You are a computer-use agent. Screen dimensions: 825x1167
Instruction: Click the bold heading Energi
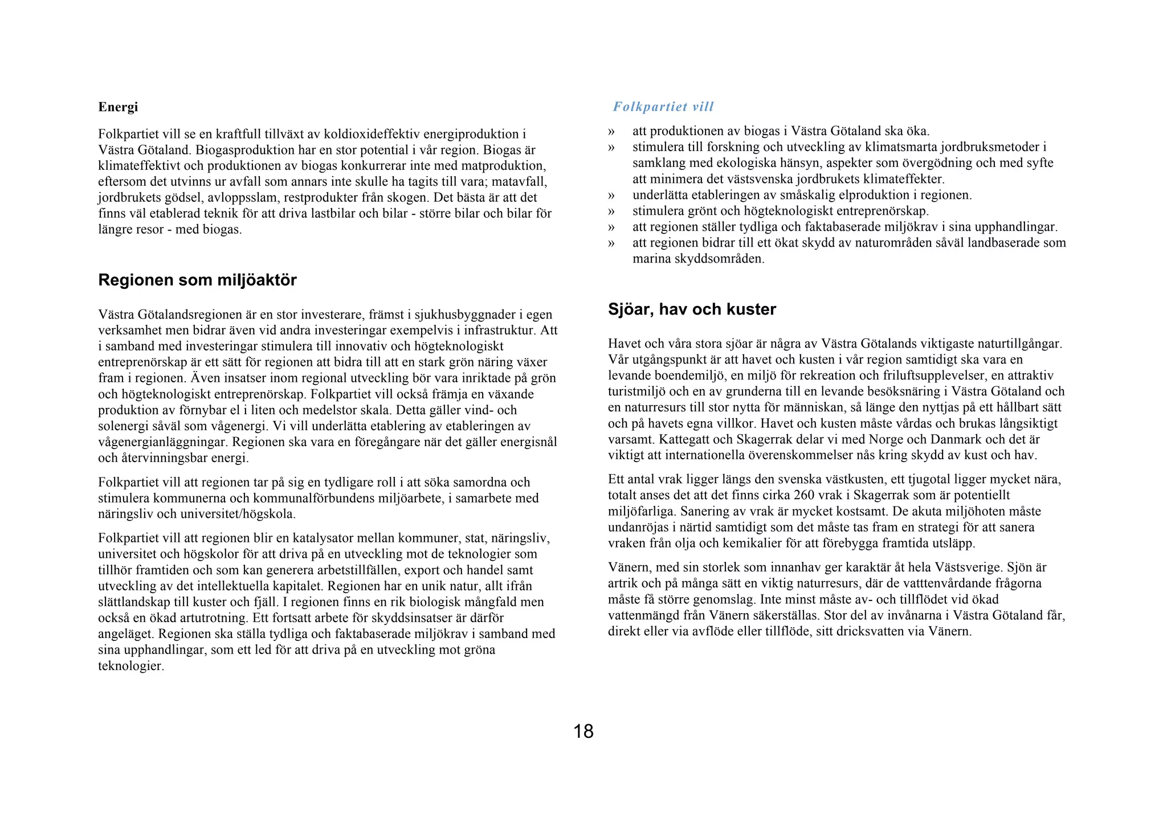click(118, 107)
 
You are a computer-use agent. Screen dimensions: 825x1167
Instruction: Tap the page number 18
click(583, 731)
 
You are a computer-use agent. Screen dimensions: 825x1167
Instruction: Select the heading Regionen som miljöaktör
click(197, 280)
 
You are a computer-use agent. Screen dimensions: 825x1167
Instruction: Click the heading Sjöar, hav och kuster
click(692, 309)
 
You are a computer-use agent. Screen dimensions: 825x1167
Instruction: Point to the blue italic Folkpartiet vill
click(663, 107)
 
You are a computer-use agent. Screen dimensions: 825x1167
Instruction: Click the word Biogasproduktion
click(244, 150)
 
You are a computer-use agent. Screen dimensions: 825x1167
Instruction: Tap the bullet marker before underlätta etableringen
click(612, 195)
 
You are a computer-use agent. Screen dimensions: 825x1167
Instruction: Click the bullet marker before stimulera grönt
click(612, 211)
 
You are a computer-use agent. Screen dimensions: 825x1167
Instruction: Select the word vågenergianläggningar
click(163, 442)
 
